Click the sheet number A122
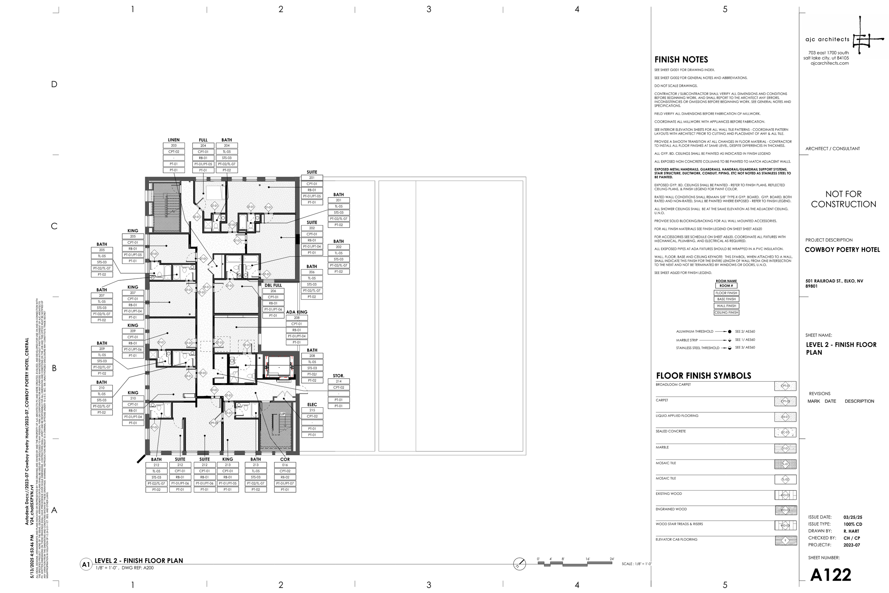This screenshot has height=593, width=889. pyautogui.click(x=830, y=575)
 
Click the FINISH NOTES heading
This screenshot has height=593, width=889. pyautogui.click(x=681, y=60)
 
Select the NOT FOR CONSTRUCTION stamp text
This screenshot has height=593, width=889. pyautogui.click(x=843, y=199)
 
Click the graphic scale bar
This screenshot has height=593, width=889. pyautogui.click(x=575, y=563)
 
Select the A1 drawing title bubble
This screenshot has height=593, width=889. pyautogui.click(x=86, y=565)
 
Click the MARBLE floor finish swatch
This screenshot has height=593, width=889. pyautogui.click(x=785, y=449)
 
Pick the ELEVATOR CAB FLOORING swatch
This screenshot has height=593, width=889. pyautogui.click(x=786, y=541)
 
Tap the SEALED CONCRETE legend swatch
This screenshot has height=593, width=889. pyautogui.click(x=785, y=432)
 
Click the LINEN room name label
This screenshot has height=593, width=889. pyautogui.click(x=174, y=140)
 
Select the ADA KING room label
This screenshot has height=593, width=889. pyautogui.click(x=296, y=312)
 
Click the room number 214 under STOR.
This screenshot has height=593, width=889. pyautogui.click(x=338, y=381)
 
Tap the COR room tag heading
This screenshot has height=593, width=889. pyautogui.click(x=284, y=459)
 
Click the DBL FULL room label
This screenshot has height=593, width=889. pyautogui.click(x=273, y=285)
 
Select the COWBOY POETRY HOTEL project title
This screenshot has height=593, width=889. pyautogui.click(x=842, y=250)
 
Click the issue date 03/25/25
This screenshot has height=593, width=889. pyautogui.click(x=852, y=517)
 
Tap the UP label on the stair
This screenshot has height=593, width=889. pyautogui.click(x=282, y=414)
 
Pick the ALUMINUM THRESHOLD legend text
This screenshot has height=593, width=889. pyautogui.click(x=694, y=332)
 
